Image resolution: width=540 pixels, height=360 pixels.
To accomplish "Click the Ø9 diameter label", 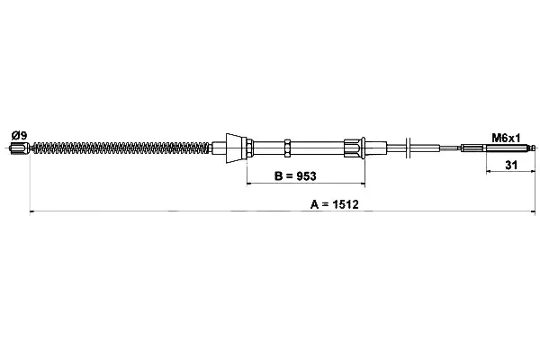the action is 19,135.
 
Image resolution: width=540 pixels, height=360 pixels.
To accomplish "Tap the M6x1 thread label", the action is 506,138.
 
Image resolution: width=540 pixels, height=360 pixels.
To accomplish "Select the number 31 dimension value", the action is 511,165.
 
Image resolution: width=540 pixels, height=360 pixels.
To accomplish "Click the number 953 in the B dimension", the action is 306,176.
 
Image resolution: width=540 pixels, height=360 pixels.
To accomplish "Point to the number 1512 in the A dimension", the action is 346,204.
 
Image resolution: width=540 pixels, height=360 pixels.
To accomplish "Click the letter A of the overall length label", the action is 314,204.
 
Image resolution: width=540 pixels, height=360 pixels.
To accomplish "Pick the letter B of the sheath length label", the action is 278,176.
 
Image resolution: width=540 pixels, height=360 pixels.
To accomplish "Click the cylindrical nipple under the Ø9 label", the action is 20,148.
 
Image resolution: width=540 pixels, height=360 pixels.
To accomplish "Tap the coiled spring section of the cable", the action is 121,148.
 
